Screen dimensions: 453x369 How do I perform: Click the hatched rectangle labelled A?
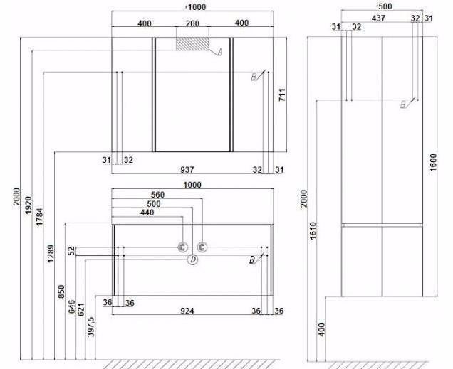click(193, 44)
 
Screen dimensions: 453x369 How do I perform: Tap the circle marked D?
click(193, 260)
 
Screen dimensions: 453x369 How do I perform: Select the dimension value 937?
click(187, 170)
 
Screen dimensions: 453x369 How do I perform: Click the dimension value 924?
click(187, 311)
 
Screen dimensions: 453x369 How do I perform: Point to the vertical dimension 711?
click(282, 95)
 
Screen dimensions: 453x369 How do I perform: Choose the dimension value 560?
click(157, 195)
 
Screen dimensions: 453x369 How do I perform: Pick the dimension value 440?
click(147, 213)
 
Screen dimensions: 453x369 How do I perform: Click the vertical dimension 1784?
click(39, 217)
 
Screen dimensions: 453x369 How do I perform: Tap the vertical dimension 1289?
click(51, 254)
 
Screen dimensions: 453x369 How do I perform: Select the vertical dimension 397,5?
click(90, 326)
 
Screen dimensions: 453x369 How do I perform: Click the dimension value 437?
click(378, 18)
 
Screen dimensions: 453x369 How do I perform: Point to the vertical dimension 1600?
click(434, 162)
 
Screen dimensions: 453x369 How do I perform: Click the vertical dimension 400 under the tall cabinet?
click(321, 329)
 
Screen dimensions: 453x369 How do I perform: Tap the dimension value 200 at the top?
click(192, 23)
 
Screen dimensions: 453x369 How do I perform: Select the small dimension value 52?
click(71, 251)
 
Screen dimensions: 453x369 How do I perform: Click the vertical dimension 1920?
click(28, 205)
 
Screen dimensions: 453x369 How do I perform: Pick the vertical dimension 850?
click(61, 292)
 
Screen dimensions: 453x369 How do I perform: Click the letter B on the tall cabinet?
click(404, 104)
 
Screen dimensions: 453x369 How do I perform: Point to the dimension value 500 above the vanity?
click(154, 204)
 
